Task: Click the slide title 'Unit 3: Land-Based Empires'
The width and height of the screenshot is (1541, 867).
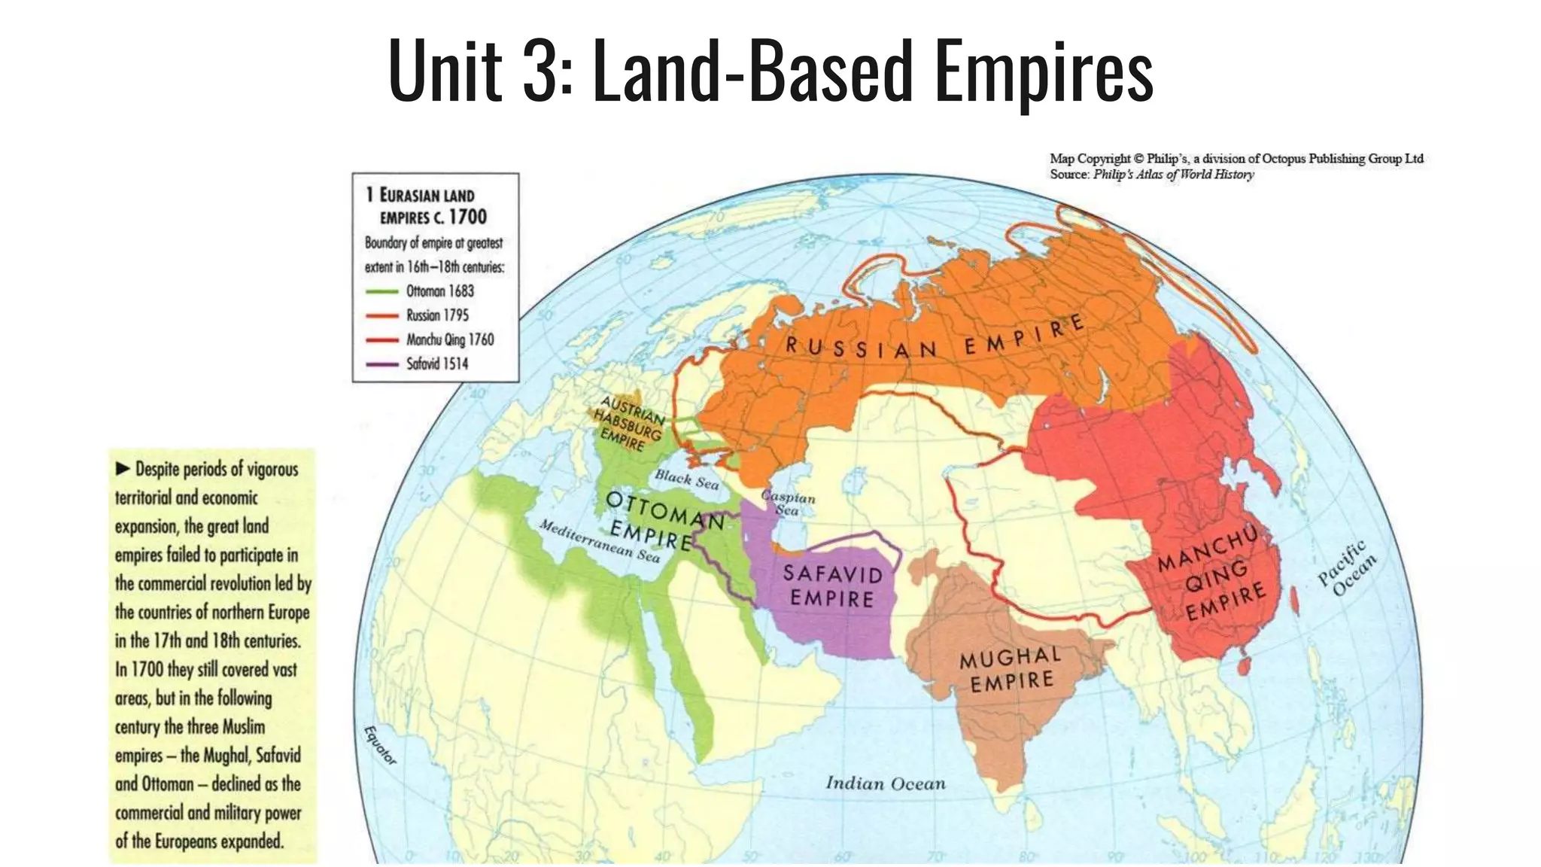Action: pyautogui.click(x=770, y=71)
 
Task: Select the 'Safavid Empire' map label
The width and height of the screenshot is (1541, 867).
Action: pyautogui.click(x=832, y=586)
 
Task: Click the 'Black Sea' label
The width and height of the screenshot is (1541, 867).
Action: pyautogui.click(x=686, y=479)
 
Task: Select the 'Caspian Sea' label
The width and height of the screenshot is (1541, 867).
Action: pyautogui.click(x=788, y=503)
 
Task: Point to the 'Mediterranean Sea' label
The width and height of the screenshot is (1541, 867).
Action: pyautogui.click(x=600, y=540)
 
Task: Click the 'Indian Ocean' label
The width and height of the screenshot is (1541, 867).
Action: pyautogui.click(x=886, y=783)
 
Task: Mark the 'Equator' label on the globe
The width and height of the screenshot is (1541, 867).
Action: pyautogui.click(x=379, y=745)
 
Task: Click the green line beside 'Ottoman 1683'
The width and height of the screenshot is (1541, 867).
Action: pyautogui.click(x=382, y=291)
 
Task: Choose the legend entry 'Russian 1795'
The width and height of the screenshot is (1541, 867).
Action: pyautogui.click(x=437, y=315)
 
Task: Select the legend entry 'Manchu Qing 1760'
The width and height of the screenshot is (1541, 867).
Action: pyautogui.click(x=450, y=339)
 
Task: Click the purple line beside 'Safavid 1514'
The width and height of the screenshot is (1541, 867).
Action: pyautogui.click(x=382, y=364)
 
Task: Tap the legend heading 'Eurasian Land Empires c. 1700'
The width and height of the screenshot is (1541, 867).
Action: pyautogui.click(x=427, y=205)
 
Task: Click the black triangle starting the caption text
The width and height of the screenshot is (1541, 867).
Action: pyautogui.click(x=123, y=469)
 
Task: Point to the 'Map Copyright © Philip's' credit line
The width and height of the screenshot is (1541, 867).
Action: pyautogui.click(x=1236, y=159)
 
